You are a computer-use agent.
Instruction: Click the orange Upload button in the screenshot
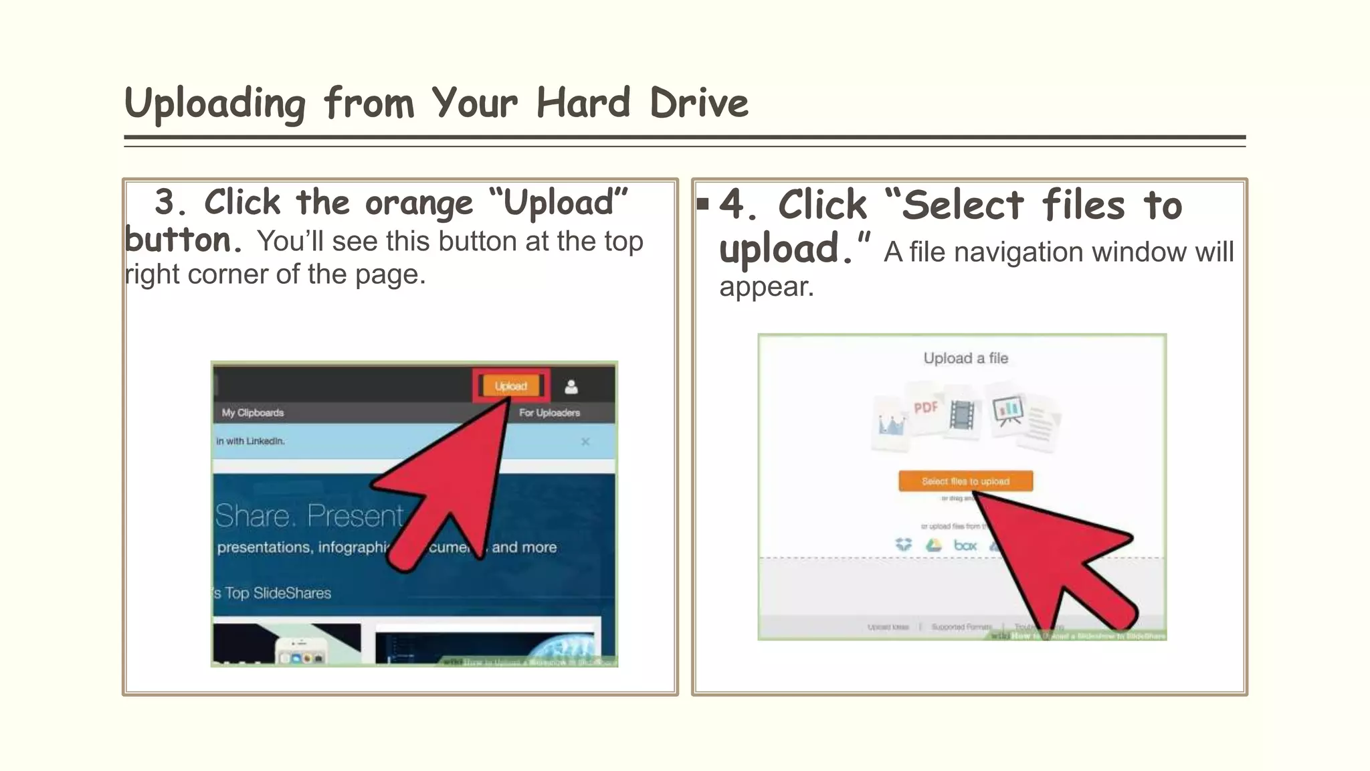pyautogui.click(x=510, y=386)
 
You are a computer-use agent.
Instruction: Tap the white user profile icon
pyautogui.click(x=571, y=387)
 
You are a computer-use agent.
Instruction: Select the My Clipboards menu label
pyautogui.click(x=253, y=413)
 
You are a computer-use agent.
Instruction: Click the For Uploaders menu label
pyautogui.click(x=549, y=413)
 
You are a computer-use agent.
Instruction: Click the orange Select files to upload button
pyautogui.click(x=965, y=481)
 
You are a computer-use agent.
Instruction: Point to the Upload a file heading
pyautogui.click(x=965, y=358)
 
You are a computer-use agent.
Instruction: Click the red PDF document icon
pyautogui.click(x=926, y=408)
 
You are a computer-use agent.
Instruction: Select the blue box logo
pyautogui.click(x=965, y=545)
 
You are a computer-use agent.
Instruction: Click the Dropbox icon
pyautogui.click(x=904, y=545)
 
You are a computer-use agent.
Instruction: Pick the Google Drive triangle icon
pyautogui.click(x=933, y=545)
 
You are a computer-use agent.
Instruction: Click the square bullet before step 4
pyautogui.click(x=702, y=203)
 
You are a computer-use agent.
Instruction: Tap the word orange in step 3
pyautogui.click(x=419, y=203)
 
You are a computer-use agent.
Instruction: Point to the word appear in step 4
pyautogui.click(x=766, y=287)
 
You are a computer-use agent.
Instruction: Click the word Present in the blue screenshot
pyautogui.click(x=355, y=516)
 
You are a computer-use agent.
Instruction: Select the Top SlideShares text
pyautogui.click(x=278, y=593)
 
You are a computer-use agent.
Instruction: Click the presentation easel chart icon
pyautogui.click(x=1007, y=410)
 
